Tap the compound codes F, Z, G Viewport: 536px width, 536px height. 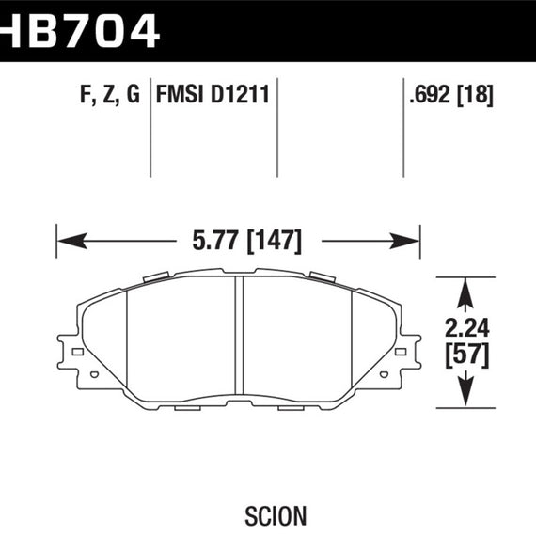(105, 94)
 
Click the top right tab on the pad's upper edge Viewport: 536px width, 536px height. (322, 277)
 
